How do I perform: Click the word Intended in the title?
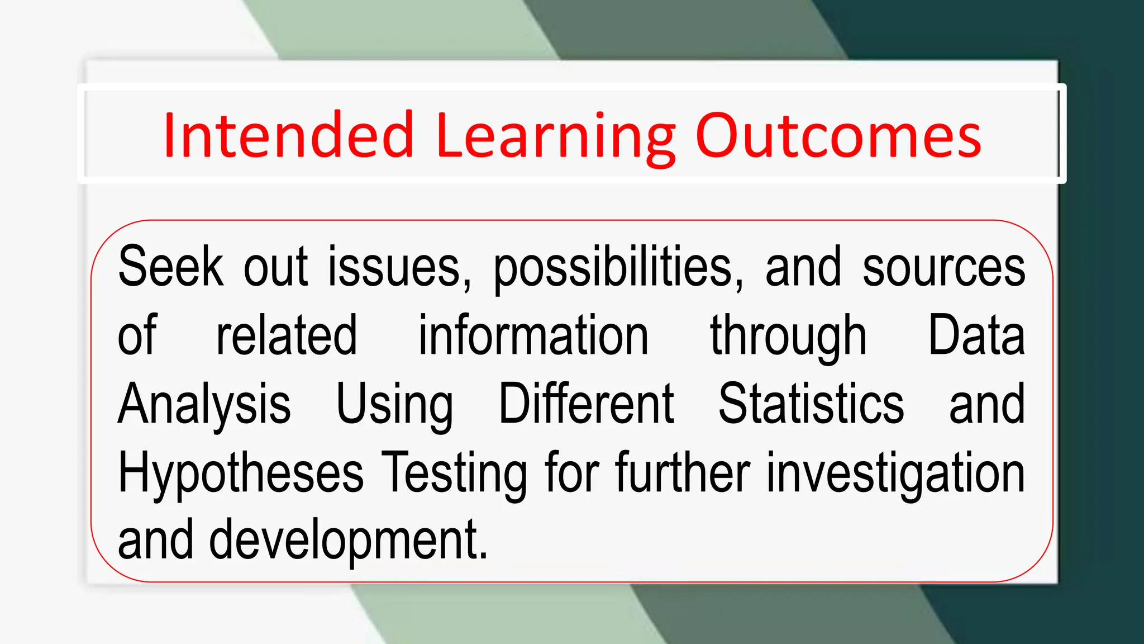pos(288,135)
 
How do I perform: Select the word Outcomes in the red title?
pos(838,135)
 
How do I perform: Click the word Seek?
pos(170,267)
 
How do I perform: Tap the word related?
pos(287,335)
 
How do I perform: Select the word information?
pos(533,335)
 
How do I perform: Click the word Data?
pos(976,335)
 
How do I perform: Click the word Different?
pos(587,404)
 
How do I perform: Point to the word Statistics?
pos(811,404)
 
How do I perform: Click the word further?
pos(683,472)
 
